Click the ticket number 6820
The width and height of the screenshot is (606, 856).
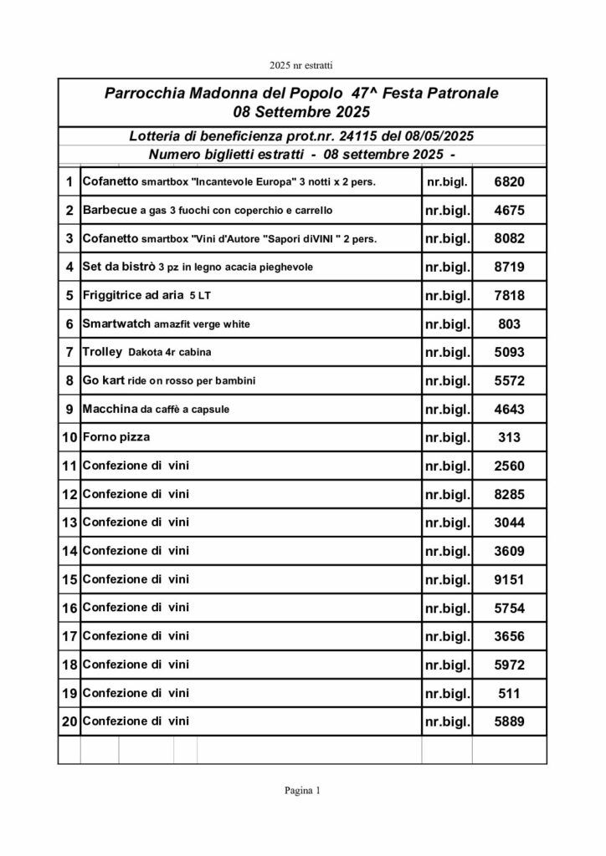[509, 181]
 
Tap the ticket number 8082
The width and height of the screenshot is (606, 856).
[509, 238]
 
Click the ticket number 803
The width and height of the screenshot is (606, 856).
[509, 324]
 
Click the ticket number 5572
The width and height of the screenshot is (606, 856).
[509, 381]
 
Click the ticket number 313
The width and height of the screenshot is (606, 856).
[509, 437]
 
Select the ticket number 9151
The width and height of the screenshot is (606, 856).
[509, 579]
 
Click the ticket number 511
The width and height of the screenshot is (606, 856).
[509, 693]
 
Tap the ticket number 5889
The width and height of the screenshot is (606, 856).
[509, 721]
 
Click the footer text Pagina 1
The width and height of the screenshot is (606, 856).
[302, 790]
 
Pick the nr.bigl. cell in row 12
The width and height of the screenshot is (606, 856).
[446, 495]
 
